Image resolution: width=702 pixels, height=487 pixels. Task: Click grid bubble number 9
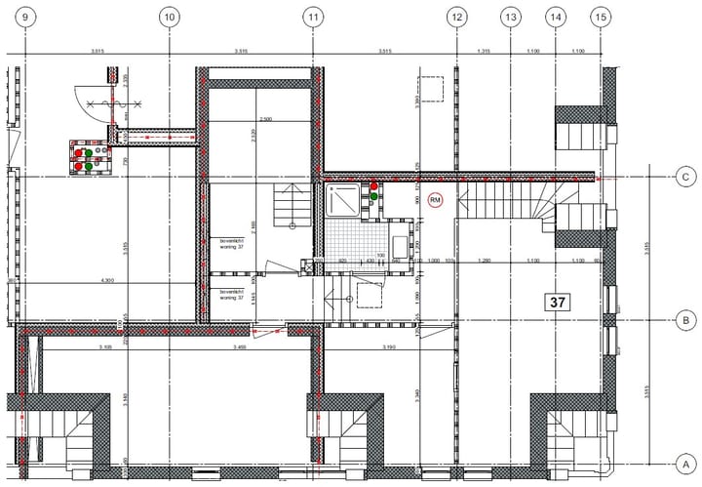pyautogui.click(x=24, y=17)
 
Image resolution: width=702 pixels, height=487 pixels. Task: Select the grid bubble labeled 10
pyautogui.click(x=169, y=17)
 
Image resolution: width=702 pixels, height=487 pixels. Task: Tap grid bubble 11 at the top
pyautogui.click(x=313, y=17)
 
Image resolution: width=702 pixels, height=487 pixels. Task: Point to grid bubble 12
pyautogui.click(x=456, y=17)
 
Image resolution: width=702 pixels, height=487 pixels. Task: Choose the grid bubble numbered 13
pyautogui.click(x=510, y=17)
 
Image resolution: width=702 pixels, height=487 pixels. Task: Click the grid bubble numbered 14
pyautogui.click(x=556, y=17)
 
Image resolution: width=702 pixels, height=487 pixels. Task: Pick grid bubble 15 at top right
pyautogui.click(x=601, y=17)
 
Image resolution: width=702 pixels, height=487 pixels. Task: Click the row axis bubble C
pyautogui.click(x=686, y=177)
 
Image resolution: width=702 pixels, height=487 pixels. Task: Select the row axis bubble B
pyautogui.click(x=686, y=319)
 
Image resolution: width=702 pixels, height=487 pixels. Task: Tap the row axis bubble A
pyautogui.click(x=686, y=463)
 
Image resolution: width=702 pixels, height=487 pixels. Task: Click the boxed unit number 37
pyautogui.click(x=558, y=303)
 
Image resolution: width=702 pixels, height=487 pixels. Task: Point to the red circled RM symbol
pyautogui.click(x=435, y=199)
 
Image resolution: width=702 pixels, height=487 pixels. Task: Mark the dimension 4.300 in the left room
pyautogui.click(x=109, y=282)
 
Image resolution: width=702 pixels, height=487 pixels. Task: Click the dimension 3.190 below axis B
pyautogui.click(x=388, y=347)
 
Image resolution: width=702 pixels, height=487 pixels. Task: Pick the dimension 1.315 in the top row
pyautogui.click(x=483, y=50)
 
